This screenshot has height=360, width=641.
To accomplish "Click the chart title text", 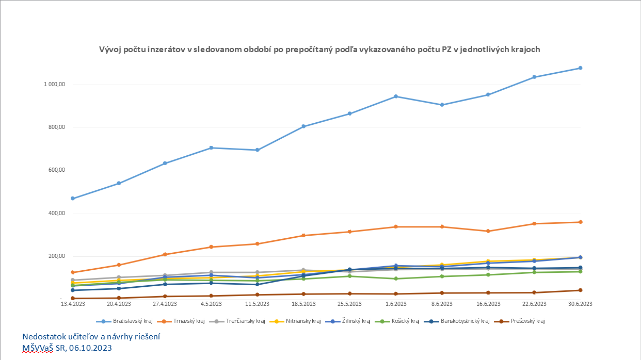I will pos(320,50).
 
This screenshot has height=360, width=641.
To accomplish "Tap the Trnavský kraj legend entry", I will pos(186,321).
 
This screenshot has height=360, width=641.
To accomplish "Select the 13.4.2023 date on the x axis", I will pos(73,304).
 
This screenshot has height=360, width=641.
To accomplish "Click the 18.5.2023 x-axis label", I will pos(303,304).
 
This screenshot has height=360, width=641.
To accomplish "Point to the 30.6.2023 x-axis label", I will pos(580,304).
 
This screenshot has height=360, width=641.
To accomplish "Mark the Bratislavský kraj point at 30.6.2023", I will pos(580,68).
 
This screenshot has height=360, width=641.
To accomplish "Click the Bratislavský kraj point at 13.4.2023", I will pos(73,199).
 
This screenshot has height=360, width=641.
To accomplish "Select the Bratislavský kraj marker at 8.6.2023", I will pos(442,105).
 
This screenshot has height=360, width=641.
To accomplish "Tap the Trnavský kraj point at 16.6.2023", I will pos(488,231).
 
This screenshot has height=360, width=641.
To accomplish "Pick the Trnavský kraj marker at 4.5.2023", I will pos(211,247).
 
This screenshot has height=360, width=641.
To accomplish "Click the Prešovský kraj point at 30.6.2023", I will pos(580,290).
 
